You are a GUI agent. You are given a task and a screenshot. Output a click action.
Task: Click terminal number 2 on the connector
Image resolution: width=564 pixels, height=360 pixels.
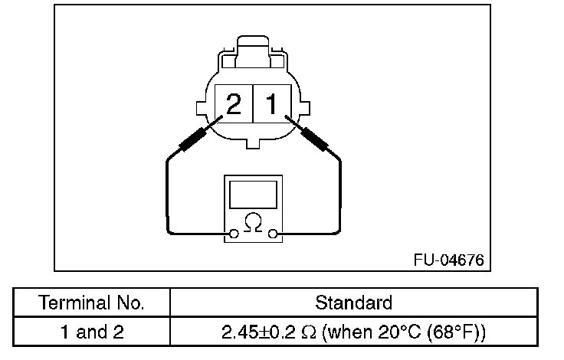234,104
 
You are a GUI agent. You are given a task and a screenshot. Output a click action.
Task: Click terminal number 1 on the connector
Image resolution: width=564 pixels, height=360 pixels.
271,104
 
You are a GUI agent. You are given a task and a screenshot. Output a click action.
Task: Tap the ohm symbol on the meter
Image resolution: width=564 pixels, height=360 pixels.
253,223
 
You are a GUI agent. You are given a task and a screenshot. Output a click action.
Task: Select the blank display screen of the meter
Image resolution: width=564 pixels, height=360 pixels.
253,195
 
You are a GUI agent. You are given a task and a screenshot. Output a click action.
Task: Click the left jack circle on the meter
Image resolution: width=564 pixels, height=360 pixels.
234,234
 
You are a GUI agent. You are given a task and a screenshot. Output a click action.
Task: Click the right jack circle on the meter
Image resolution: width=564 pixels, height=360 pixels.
273,234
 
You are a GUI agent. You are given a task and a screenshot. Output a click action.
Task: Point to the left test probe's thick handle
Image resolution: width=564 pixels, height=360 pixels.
192,139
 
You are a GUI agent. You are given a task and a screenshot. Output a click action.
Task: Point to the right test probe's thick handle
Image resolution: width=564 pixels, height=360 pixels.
314,139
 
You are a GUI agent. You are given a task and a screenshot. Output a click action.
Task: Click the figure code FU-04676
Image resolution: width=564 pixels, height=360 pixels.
449,260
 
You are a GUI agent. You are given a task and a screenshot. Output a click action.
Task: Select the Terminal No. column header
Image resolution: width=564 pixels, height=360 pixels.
91,303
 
